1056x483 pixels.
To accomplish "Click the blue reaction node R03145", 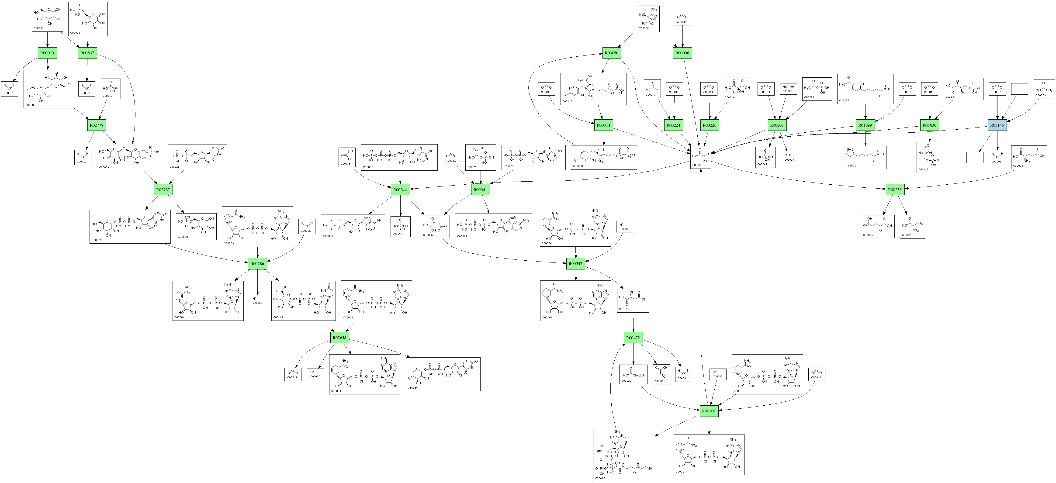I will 997,125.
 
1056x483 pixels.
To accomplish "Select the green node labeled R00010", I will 47,53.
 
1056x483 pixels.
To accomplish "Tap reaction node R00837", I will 87,53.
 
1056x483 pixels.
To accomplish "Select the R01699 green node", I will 865,125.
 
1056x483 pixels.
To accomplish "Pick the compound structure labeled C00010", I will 623,455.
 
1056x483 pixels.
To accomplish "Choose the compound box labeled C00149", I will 633,301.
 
